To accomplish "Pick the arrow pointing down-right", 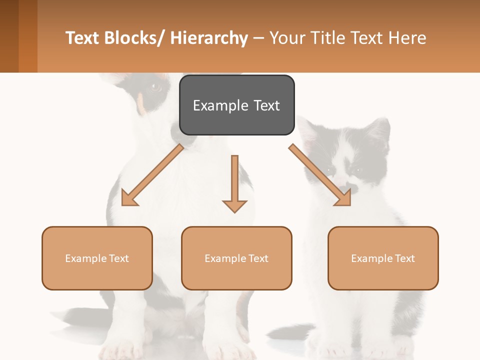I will tap(320, 175).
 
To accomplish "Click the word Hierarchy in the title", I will tap(209, 38).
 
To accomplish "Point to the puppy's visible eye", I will tap(155, 87).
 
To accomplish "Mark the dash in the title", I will tap(258, 38).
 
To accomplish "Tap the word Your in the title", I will tap(287, 38).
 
